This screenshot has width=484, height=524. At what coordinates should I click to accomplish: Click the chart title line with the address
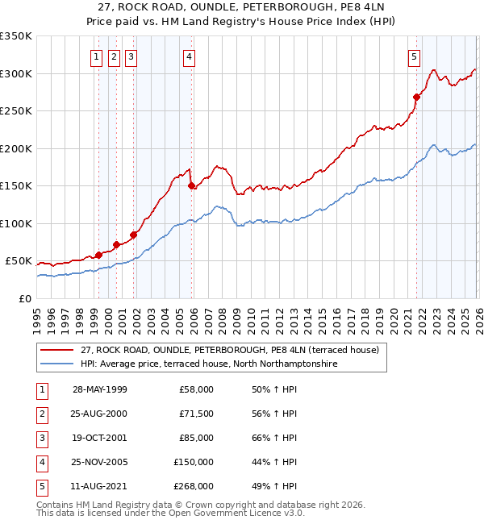241,8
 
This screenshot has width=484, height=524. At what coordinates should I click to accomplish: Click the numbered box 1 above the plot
96,56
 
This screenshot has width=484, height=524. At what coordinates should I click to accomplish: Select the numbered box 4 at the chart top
188,56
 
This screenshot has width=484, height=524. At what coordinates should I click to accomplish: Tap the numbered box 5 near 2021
414,56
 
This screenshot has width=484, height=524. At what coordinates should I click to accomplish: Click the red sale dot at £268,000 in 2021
417,98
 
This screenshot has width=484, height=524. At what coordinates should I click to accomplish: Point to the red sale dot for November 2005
192,186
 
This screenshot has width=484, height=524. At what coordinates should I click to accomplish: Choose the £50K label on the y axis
19,261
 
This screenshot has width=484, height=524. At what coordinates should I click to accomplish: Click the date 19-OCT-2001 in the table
100,438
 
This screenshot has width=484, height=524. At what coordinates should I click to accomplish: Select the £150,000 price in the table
194,462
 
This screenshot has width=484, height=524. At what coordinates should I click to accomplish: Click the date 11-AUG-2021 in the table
100,486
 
